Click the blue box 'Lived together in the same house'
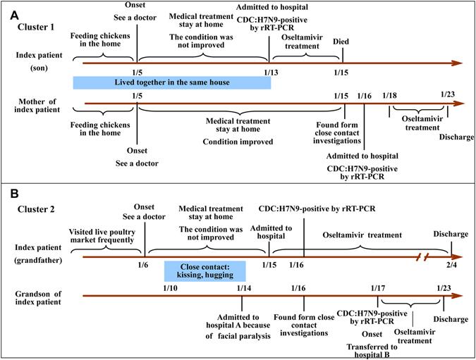[x=171, y=83]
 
